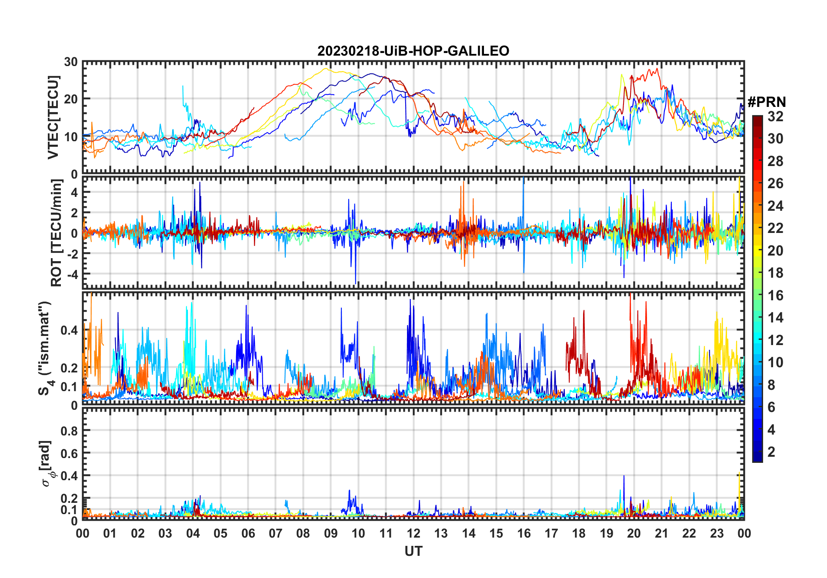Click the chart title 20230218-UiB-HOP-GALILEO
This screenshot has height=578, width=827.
[x=413, y=51]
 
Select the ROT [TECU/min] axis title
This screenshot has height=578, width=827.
[x=56, y=233]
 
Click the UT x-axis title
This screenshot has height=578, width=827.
[x=413, y=551]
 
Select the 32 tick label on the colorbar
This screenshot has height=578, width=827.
[x=775, y=116]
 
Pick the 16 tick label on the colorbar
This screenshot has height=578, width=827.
[x=775, y=296]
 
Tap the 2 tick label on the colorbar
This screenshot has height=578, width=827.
[x=771, y=452]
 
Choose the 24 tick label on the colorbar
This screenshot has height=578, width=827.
[x=775, y=206]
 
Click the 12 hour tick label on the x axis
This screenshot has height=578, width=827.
[x=413, y=533]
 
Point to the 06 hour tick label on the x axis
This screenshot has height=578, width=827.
[x=248, y=533]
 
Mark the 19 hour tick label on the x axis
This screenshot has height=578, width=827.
[x=607, y=533]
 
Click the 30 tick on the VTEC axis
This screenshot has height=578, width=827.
[x=71, y=62]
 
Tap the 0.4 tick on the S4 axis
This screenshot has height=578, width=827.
[x=70, y=330]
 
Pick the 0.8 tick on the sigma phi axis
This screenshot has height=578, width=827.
[x=70, y=431]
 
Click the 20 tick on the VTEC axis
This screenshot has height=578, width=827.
[x=71, y=99]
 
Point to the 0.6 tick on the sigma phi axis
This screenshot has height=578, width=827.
[x=70, y=453]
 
